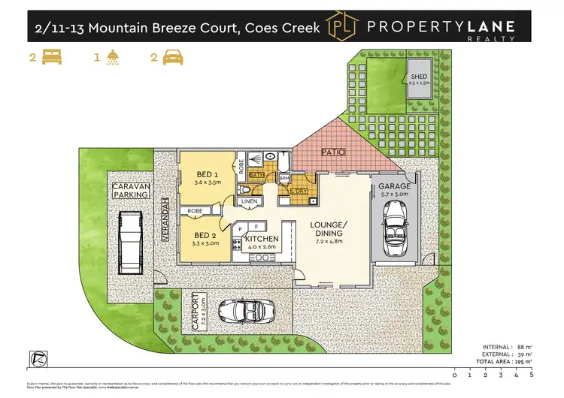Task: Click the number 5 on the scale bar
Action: [532, 372]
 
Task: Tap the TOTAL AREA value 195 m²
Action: [514, 362]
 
